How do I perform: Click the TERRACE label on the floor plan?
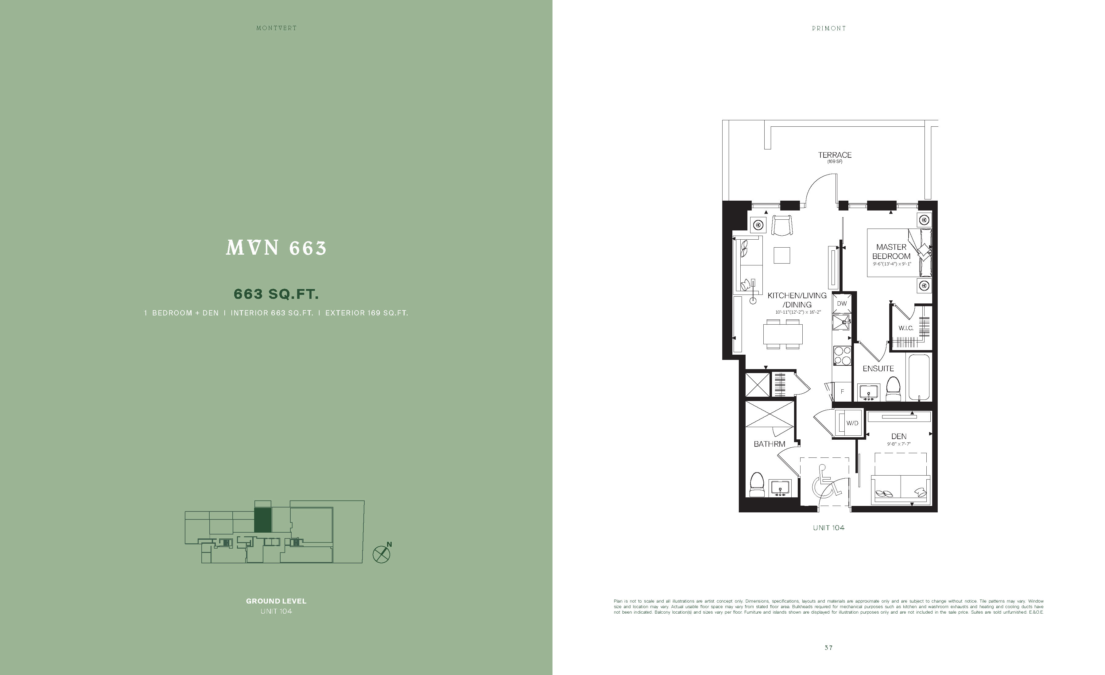click(835, 155)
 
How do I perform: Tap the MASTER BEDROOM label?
click(891, 252)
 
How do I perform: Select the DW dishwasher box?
click(842, 303)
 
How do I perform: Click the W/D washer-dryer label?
click(852, 423)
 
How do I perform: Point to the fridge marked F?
click(842, 391)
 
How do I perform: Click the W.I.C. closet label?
click(905, 328)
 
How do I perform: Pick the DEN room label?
click(899, 436)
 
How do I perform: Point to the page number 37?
click(828, 648)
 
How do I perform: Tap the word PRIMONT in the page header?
click(829, 28)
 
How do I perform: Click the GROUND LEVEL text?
click(276, 601)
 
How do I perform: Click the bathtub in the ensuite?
click(919, 378)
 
